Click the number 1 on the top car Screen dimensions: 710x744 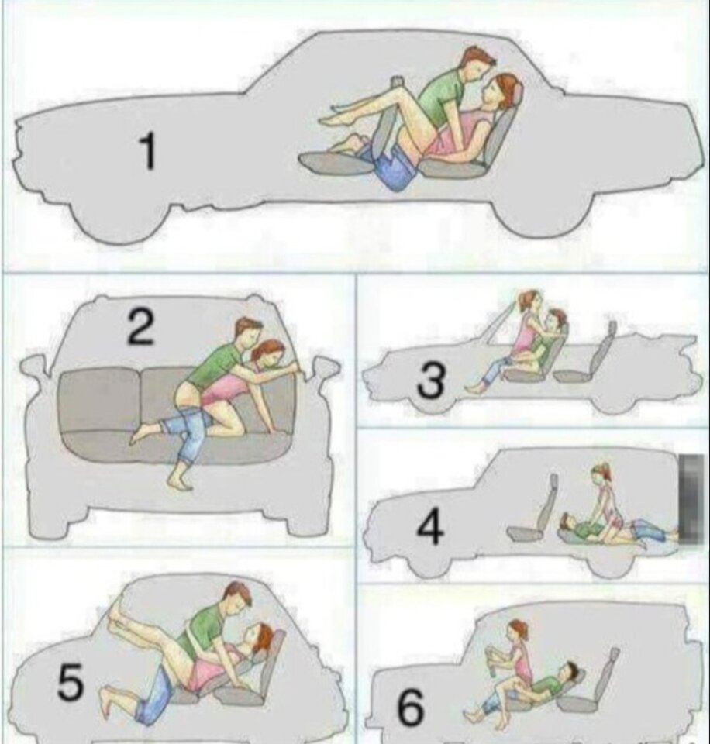[x=148, y=150]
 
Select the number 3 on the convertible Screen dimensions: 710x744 [x=432, y=380]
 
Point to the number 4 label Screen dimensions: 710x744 [x=430, y=527]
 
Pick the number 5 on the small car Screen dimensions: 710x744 [x=71, y=682]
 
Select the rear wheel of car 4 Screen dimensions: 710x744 [x=612, y=568]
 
